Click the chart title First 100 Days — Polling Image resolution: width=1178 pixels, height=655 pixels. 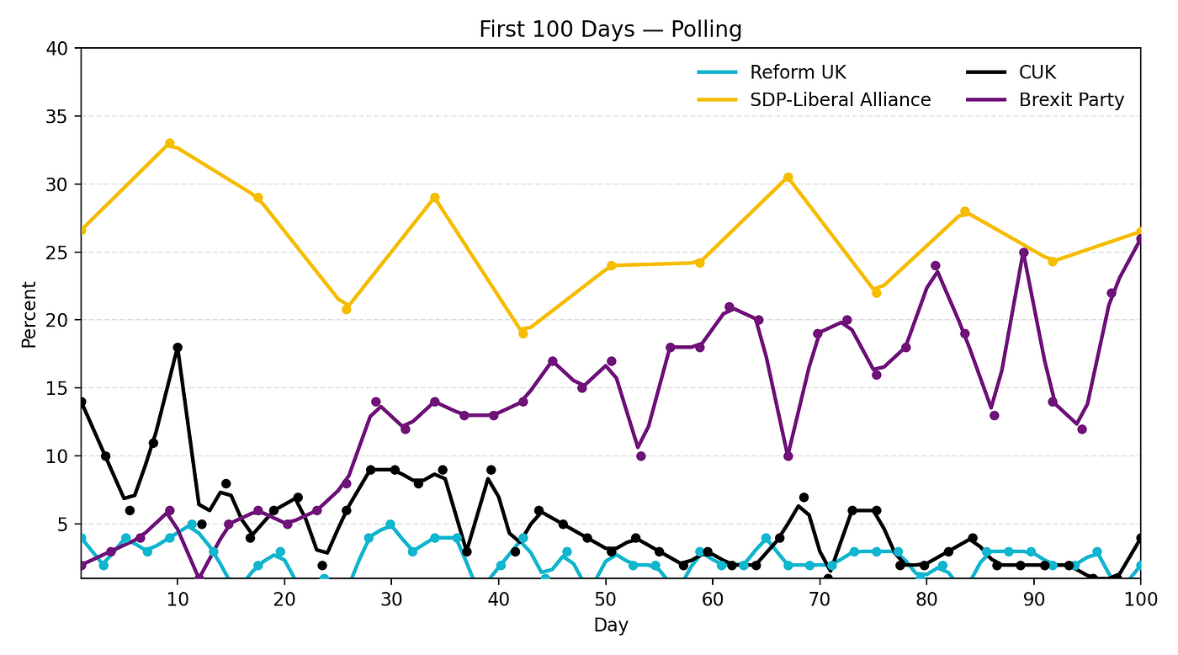coord(610,29)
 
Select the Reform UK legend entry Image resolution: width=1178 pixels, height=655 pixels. coord(798,72)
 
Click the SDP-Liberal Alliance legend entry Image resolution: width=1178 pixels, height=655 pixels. coord(840,99)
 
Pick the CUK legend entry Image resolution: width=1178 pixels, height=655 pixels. coord(1037,72)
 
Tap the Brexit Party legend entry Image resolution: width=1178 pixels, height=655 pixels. coord(1071,99)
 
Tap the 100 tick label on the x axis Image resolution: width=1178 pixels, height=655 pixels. coord(1140,599)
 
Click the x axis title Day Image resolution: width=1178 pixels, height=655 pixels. coord(610,625)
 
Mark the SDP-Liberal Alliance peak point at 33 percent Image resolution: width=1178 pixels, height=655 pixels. coord(169,143)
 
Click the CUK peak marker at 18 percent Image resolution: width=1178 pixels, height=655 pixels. coord(178,347)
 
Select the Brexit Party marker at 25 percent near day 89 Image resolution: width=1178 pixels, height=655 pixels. coord(1023,253)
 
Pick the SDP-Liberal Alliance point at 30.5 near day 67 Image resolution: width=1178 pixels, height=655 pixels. coord(788,177)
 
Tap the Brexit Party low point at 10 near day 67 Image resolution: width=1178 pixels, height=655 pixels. coord(788,455)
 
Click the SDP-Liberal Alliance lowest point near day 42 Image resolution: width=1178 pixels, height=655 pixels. coord(523,333)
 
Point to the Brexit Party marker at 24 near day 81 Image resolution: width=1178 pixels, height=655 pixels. coord(935,266)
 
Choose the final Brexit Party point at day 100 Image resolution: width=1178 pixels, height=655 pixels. coord(1140,238)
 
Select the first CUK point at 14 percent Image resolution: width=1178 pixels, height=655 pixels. coord(82,402)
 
